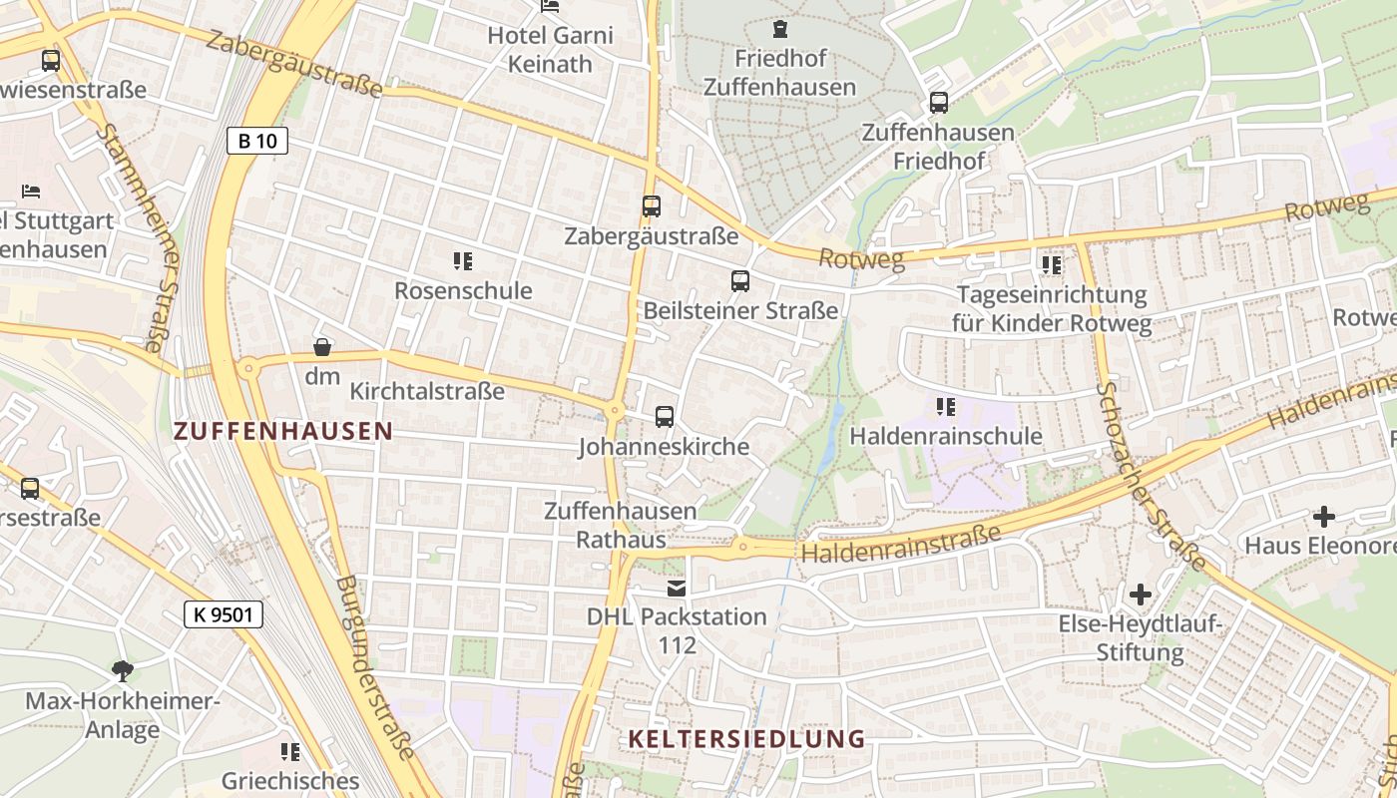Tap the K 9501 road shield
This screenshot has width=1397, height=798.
(224, 614)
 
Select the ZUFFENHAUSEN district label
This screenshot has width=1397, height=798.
(283, 431)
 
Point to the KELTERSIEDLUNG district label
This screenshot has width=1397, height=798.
(746, 739)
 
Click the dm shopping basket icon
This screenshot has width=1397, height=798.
(322, 347)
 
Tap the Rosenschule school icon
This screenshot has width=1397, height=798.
(462, 261)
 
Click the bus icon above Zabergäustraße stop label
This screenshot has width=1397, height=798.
(652, 206)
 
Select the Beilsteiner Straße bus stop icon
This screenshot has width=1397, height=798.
(739, 281)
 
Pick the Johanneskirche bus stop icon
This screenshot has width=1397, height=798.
(665, 417)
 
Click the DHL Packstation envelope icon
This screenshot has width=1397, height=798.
(678, 589)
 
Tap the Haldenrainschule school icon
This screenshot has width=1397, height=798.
(946, 407)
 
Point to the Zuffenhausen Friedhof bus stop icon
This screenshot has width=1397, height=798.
(938, 102)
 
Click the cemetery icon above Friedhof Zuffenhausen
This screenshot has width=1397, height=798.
(779, 29)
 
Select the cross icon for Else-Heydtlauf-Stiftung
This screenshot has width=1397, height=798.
(1140, 596)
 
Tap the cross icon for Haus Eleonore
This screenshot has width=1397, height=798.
(1324, 517)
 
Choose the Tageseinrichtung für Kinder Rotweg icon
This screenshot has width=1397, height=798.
(1051, 265)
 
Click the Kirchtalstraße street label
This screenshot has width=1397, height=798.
(427, 391)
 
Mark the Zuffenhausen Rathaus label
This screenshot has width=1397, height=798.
(620, 525)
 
